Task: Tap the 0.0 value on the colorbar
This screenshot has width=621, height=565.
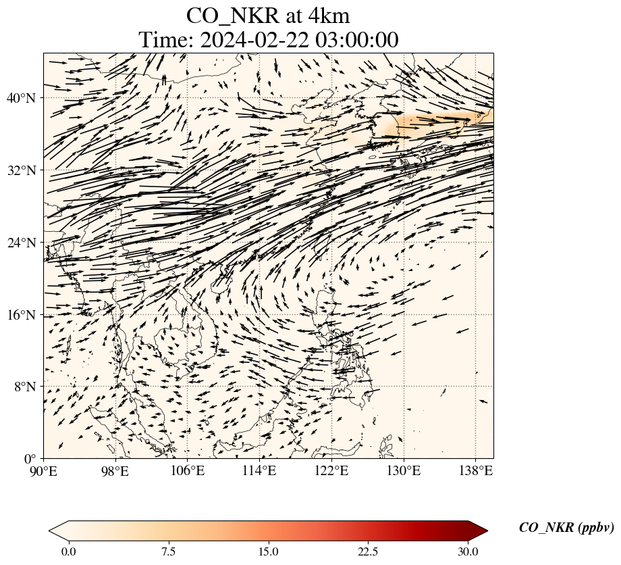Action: point(68,551)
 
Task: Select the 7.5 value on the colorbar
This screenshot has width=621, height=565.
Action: point(168,551)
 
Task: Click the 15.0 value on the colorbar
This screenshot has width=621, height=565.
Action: point(268,551)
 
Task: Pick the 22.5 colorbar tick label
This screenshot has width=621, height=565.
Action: point(368,551)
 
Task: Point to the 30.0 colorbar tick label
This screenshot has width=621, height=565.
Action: point(468,551)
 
